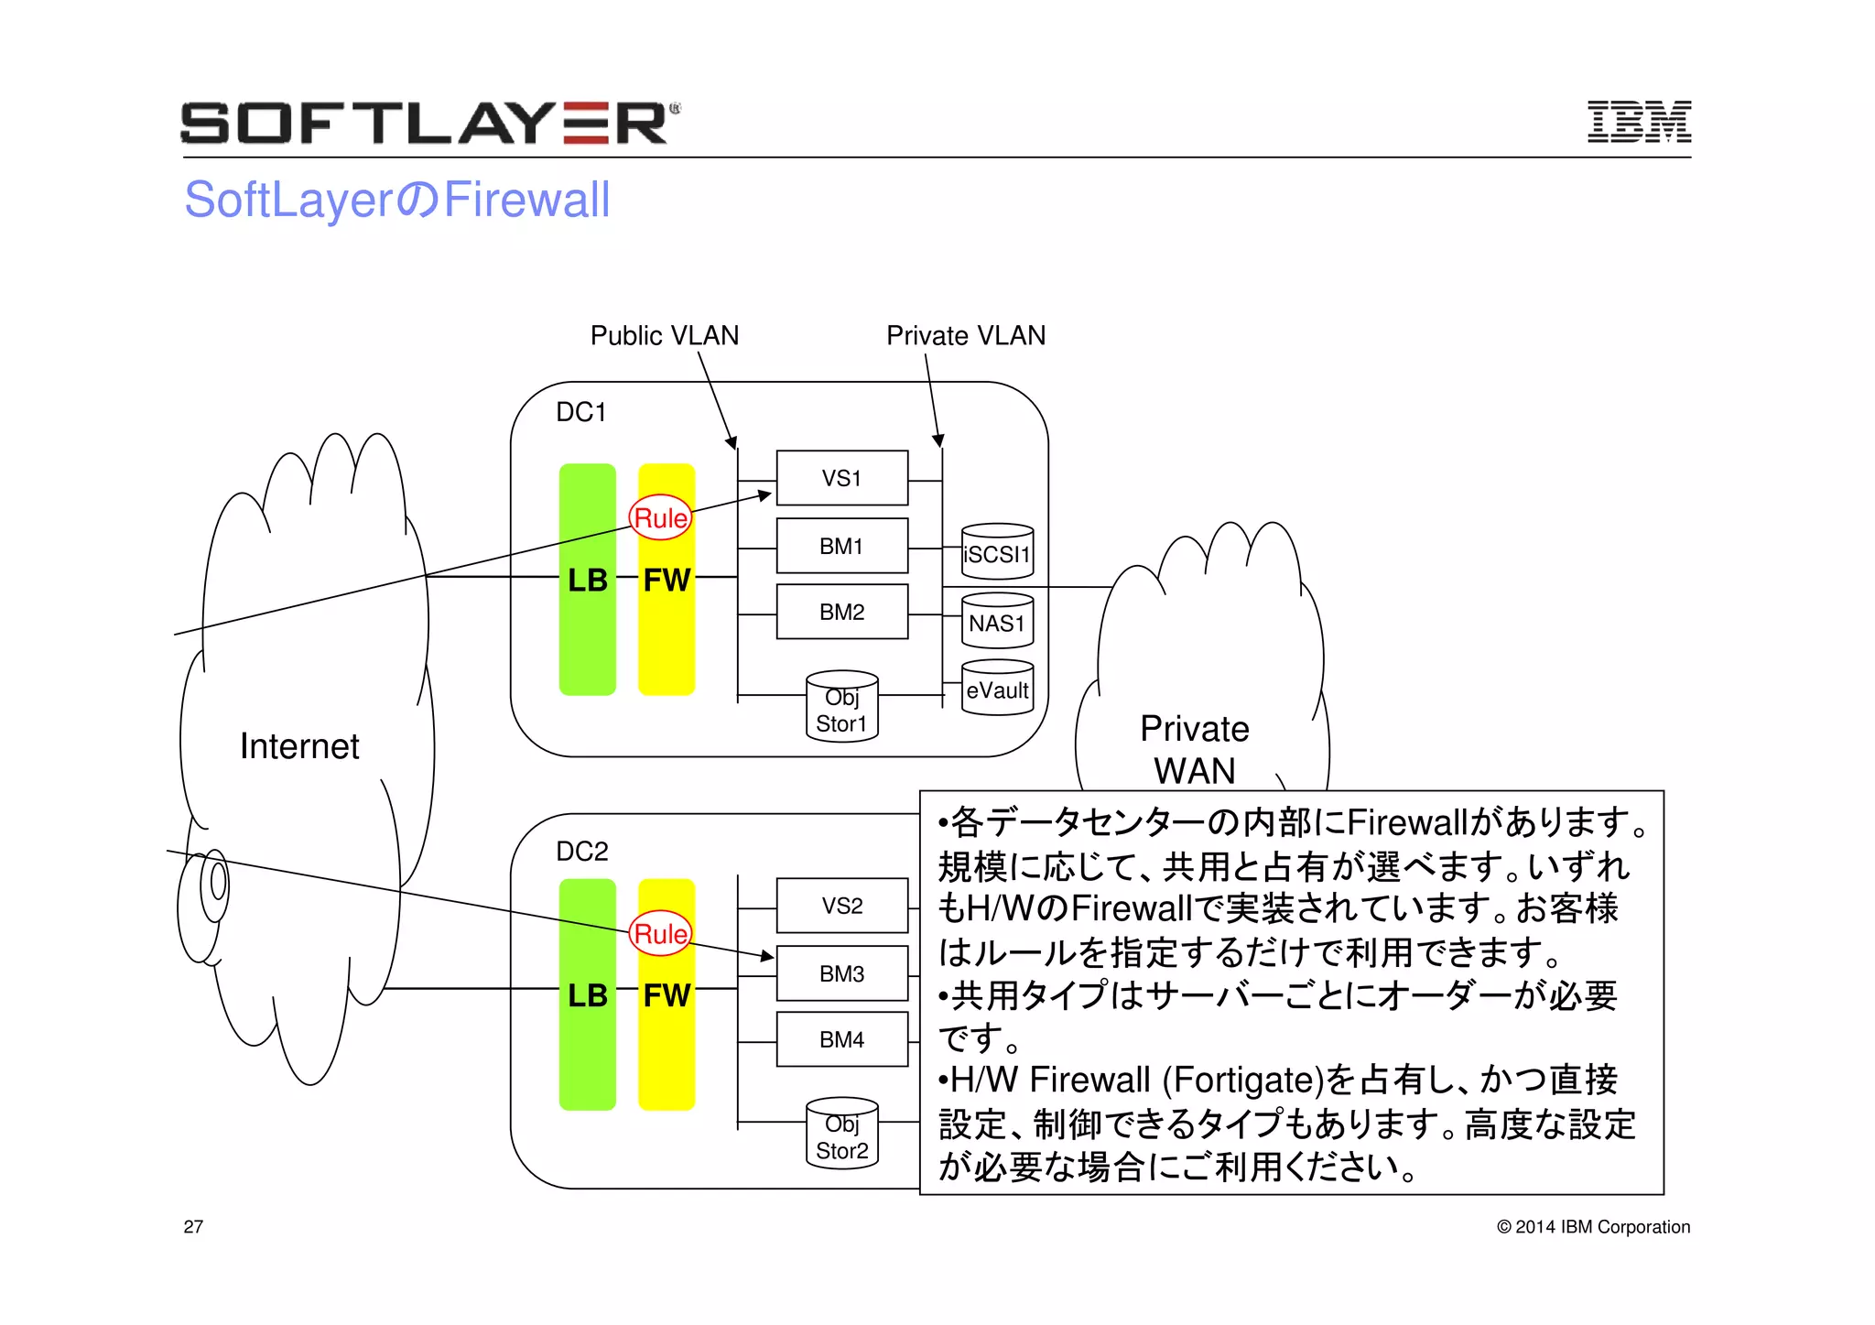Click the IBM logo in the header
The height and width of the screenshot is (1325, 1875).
coord(1638,122)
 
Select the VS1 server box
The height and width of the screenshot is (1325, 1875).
coord(841,478)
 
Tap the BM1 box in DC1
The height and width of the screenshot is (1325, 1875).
coord(841,546)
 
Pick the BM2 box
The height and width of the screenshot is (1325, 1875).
coord(841,612)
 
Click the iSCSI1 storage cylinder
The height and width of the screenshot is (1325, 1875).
coord(997,552)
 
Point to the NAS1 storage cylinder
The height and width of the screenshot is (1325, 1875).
coord(997,622)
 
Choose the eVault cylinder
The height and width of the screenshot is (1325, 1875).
coord(997,689)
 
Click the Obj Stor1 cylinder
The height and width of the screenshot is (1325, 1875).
coord(841,708)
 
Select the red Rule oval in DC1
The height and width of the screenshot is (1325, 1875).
coord(660,518)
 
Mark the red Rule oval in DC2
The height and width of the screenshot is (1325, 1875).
coord(660,933)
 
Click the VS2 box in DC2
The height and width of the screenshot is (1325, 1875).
coord(841,906)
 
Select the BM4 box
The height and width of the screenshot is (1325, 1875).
coord(841,1039)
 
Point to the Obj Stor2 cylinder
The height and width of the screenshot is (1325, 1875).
coord(841,1135)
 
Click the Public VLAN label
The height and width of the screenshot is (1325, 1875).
coord(664,335)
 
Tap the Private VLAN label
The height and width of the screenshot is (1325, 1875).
coord(965,335)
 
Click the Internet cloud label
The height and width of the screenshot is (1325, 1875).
coord(299,746)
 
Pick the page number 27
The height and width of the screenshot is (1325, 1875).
coord(193,1227)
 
